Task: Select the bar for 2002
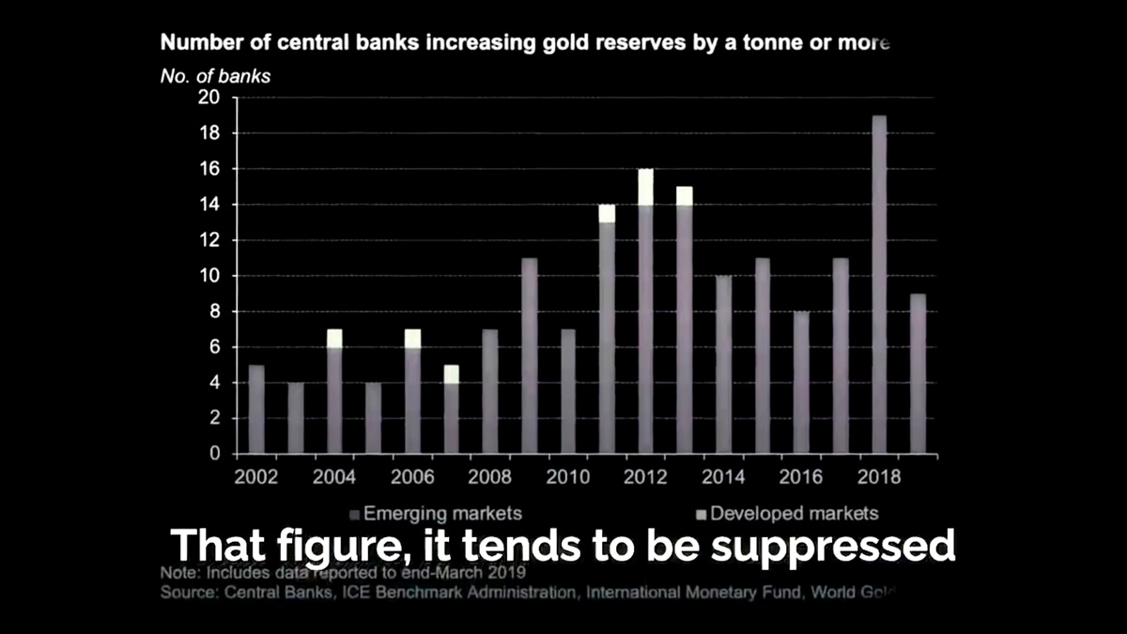(x=256, y=409)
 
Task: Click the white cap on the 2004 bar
(x=334, y=338)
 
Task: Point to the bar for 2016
(x=801, y=382)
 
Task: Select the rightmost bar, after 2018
(x=918, y=374)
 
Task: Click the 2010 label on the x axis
(x=567, y=477)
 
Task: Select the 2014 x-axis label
(x=723, y=477)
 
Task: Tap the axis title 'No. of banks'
(x=215, y=77)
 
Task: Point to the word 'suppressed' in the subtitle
(x=832, y=546)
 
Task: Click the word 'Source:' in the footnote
(x=188, y=593)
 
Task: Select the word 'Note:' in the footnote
(x=179, y=572)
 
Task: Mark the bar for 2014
(x=723, y=364)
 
